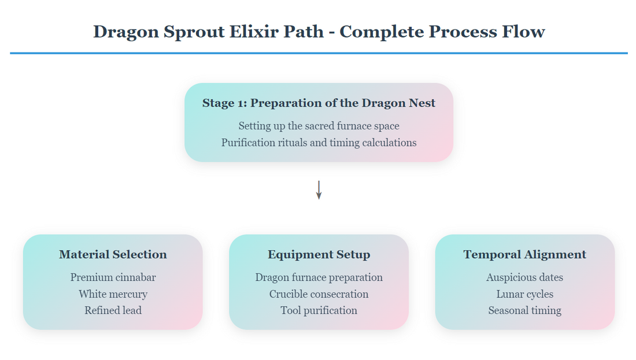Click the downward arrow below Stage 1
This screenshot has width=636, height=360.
point(319,190)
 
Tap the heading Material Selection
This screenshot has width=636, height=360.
point(113,254)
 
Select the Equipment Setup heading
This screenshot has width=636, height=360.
point(319,254)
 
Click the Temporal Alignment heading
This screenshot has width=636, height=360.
point(524,254)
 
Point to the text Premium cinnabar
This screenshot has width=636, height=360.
point(113,277)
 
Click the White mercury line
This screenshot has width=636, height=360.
point(113,294)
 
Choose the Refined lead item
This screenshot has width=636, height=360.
point(113,310)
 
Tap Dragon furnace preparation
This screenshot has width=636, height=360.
point(319,277)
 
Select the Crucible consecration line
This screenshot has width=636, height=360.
point(319,294)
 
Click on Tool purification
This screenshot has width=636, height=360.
point(319,310)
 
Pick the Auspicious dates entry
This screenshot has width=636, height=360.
point(524,277)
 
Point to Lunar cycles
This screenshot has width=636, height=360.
point(524,294)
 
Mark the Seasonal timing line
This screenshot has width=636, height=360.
point(524,310)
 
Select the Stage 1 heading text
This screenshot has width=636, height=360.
point(319,103)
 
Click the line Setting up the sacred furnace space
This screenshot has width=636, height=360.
point(319,125)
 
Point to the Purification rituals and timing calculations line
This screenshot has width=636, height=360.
point(319,142)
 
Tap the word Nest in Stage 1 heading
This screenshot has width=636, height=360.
point(421,103)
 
